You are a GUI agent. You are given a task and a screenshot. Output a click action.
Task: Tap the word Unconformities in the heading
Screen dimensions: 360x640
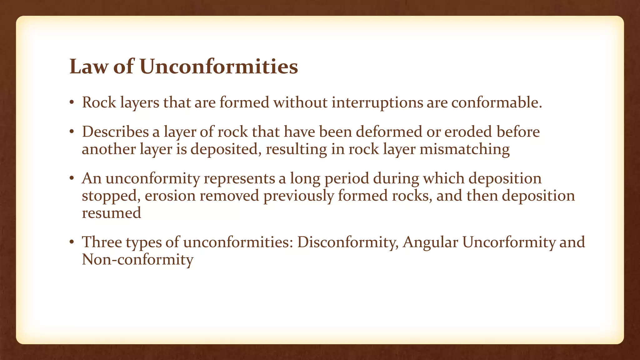tap(218, 67)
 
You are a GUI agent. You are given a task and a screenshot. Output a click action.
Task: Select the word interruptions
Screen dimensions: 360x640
tap(377, 102)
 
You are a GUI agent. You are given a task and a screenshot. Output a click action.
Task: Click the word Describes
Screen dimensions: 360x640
tap(115, 132)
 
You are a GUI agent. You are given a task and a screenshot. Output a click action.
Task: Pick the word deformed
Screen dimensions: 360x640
tap(389, 132)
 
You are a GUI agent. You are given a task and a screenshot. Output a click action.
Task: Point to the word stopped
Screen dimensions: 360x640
tap(111, 196)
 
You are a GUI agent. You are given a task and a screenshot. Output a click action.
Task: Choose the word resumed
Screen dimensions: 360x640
tap(112, 213)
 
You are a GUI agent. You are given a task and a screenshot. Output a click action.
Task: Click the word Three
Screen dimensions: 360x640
tap(102, 242)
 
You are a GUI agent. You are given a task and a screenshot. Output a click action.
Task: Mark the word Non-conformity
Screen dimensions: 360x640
tap(137, 260)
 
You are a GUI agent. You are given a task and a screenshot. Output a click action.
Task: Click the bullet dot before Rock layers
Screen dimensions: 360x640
tap(72, 103)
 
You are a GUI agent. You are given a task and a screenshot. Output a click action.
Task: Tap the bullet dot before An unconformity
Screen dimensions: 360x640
tap(72, 179)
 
